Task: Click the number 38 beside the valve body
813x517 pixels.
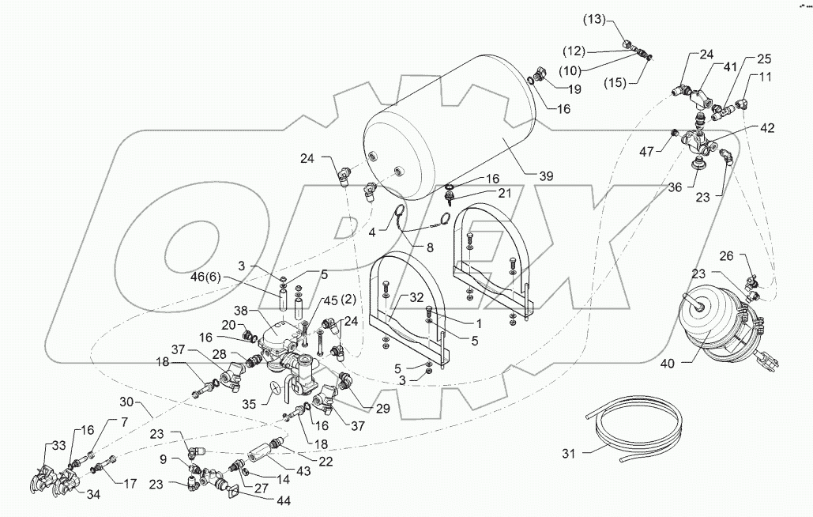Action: click(x=243, y=311)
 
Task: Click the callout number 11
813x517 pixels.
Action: click(x=765, y=77)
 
